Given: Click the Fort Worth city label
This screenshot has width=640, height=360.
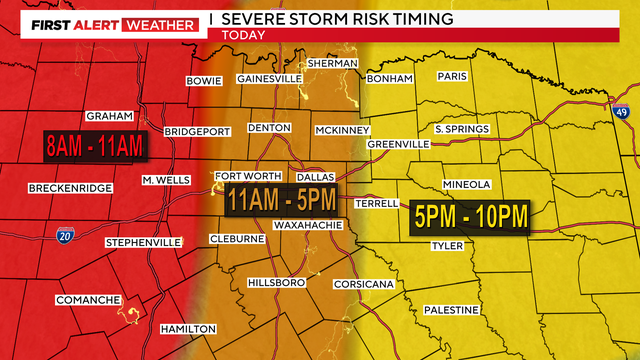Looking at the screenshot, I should (x=241, y=176).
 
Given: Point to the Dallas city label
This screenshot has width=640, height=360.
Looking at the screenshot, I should (x=315, y=176).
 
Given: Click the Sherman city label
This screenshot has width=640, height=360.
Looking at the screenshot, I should (x=333, y=63).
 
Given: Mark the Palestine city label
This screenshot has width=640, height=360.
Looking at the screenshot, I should (x=451, y=310).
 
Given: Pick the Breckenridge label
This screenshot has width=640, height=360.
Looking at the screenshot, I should (x=68, y=188).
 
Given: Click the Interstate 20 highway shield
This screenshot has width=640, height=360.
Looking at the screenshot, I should (x=65, y=233).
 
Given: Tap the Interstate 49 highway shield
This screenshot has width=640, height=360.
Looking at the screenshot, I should (x=621, y=113).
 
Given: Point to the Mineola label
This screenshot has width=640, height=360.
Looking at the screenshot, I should (x=466, y=184).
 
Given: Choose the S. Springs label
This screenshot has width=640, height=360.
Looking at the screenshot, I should (x=461, y=129).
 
